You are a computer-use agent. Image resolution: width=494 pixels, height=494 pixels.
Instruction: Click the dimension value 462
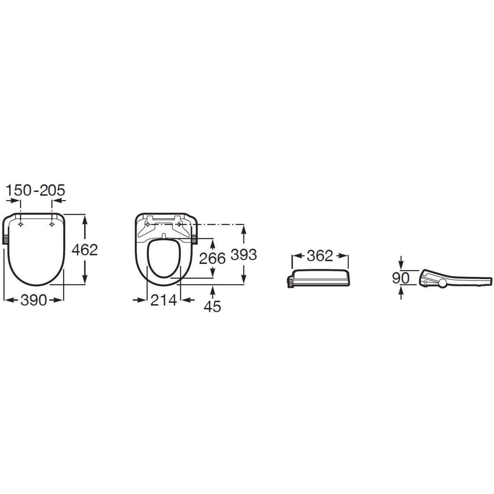point(85,250)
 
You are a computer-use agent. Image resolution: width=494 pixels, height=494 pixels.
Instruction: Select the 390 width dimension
point(34,300)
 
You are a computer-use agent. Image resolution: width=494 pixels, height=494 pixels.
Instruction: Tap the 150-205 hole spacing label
point(35,190)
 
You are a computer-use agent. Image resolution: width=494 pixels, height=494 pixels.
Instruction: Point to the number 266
point(212,258)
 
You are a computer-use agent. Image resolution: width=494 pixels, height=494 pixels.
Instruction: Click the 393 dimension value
point(244,254)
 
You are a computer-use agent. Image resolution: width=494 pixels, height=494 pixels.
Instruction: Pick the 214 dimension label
point(163,300)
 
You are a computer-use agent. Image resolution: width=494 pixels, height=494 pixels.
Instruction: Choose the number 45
point(212,306)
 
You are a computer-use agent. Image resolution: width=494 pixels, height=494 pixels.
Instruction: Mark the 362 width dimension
point(320,256)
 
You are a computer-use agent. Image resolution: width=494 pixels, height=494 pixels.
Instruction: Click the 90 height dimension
point(401,278)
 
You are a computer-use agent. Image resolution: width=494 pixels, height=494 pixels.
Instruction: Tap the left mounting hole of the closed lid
point(21,224)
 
